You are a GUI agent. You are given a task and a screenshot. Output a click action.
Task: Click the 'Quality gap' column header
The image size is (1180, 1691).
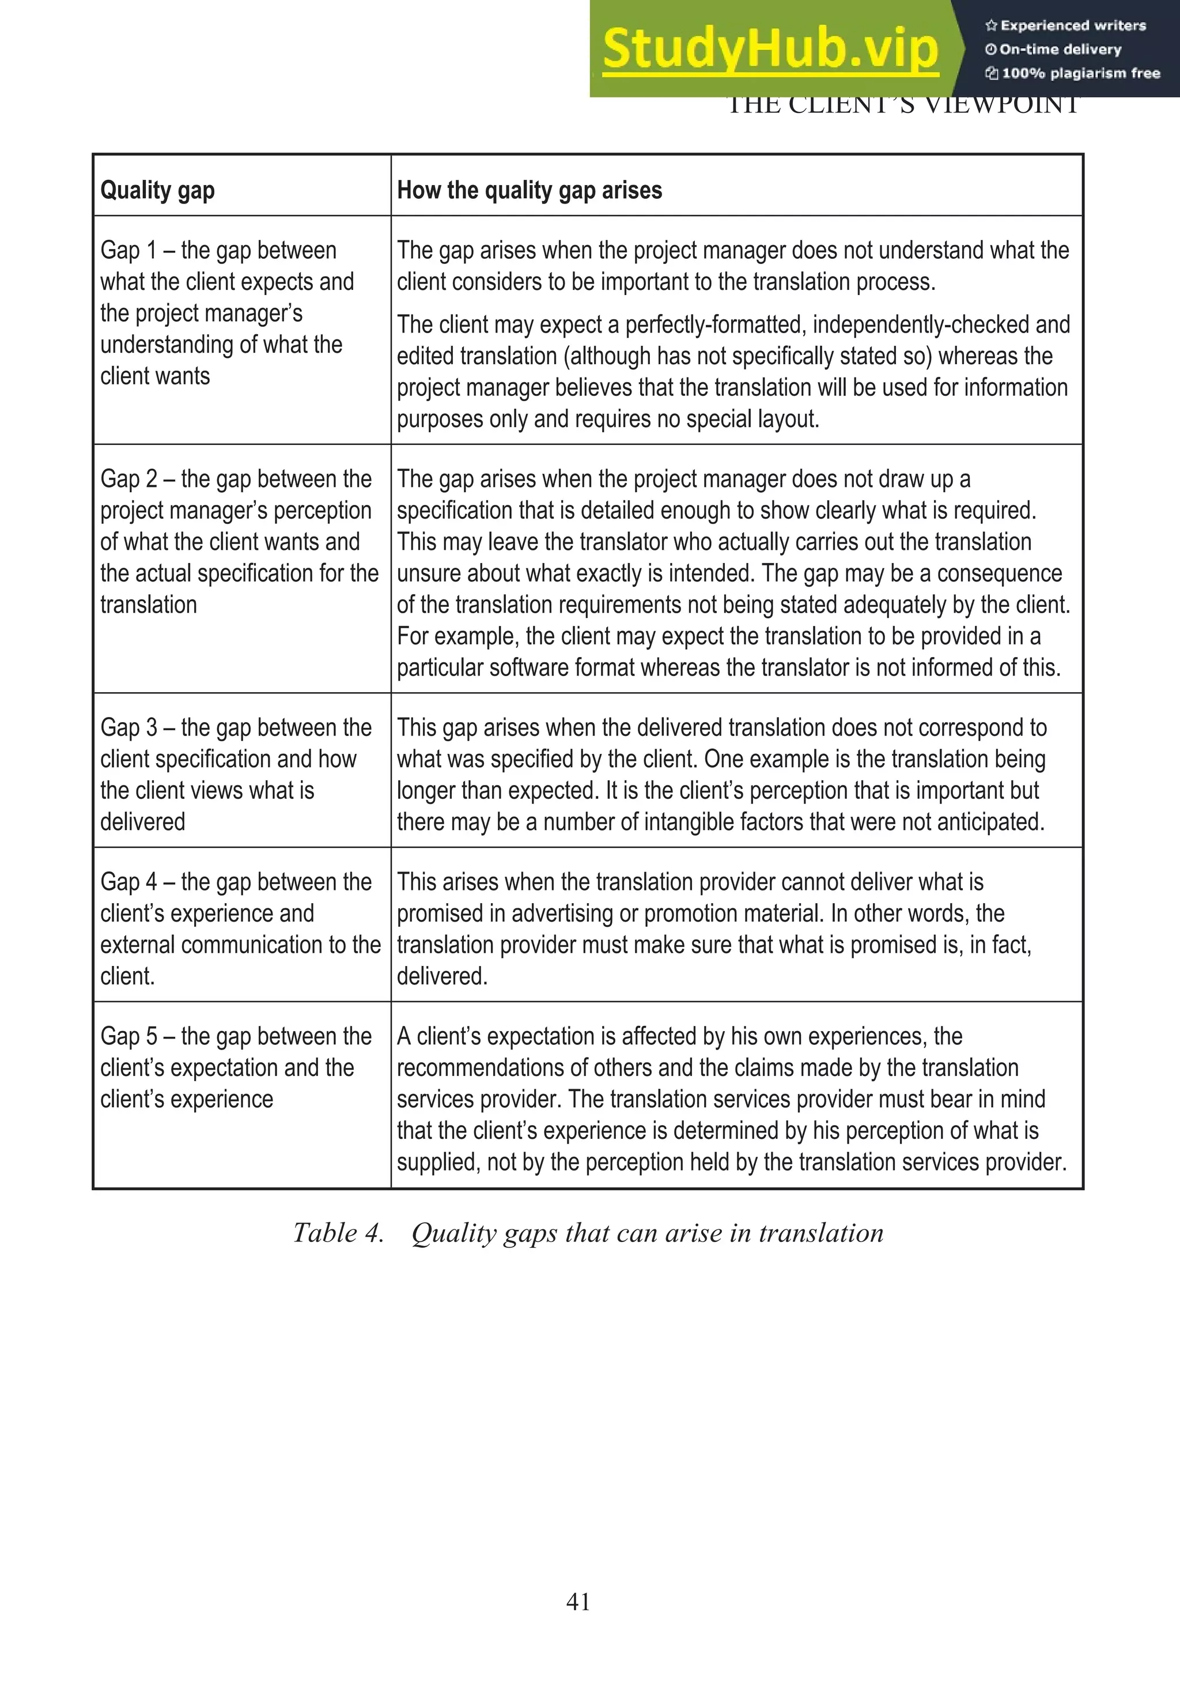pos(157,190)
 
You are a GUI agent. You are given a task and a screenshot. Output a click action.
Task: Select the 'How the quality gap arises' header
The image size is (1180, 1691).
pos(530,190)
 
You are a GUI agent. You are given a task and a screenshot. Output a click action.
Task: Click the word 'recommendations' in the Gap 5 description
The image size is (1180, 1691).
pos(482,1068)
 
